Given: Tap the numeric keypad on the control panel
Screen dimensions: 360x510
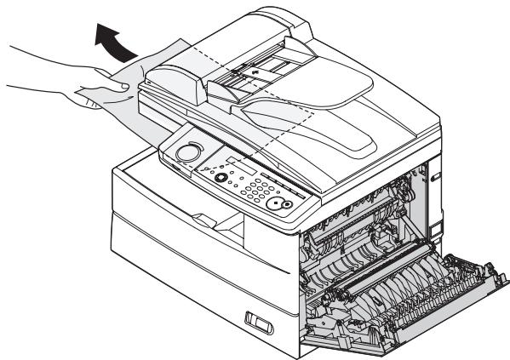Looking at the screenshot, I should click(251, 191).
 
